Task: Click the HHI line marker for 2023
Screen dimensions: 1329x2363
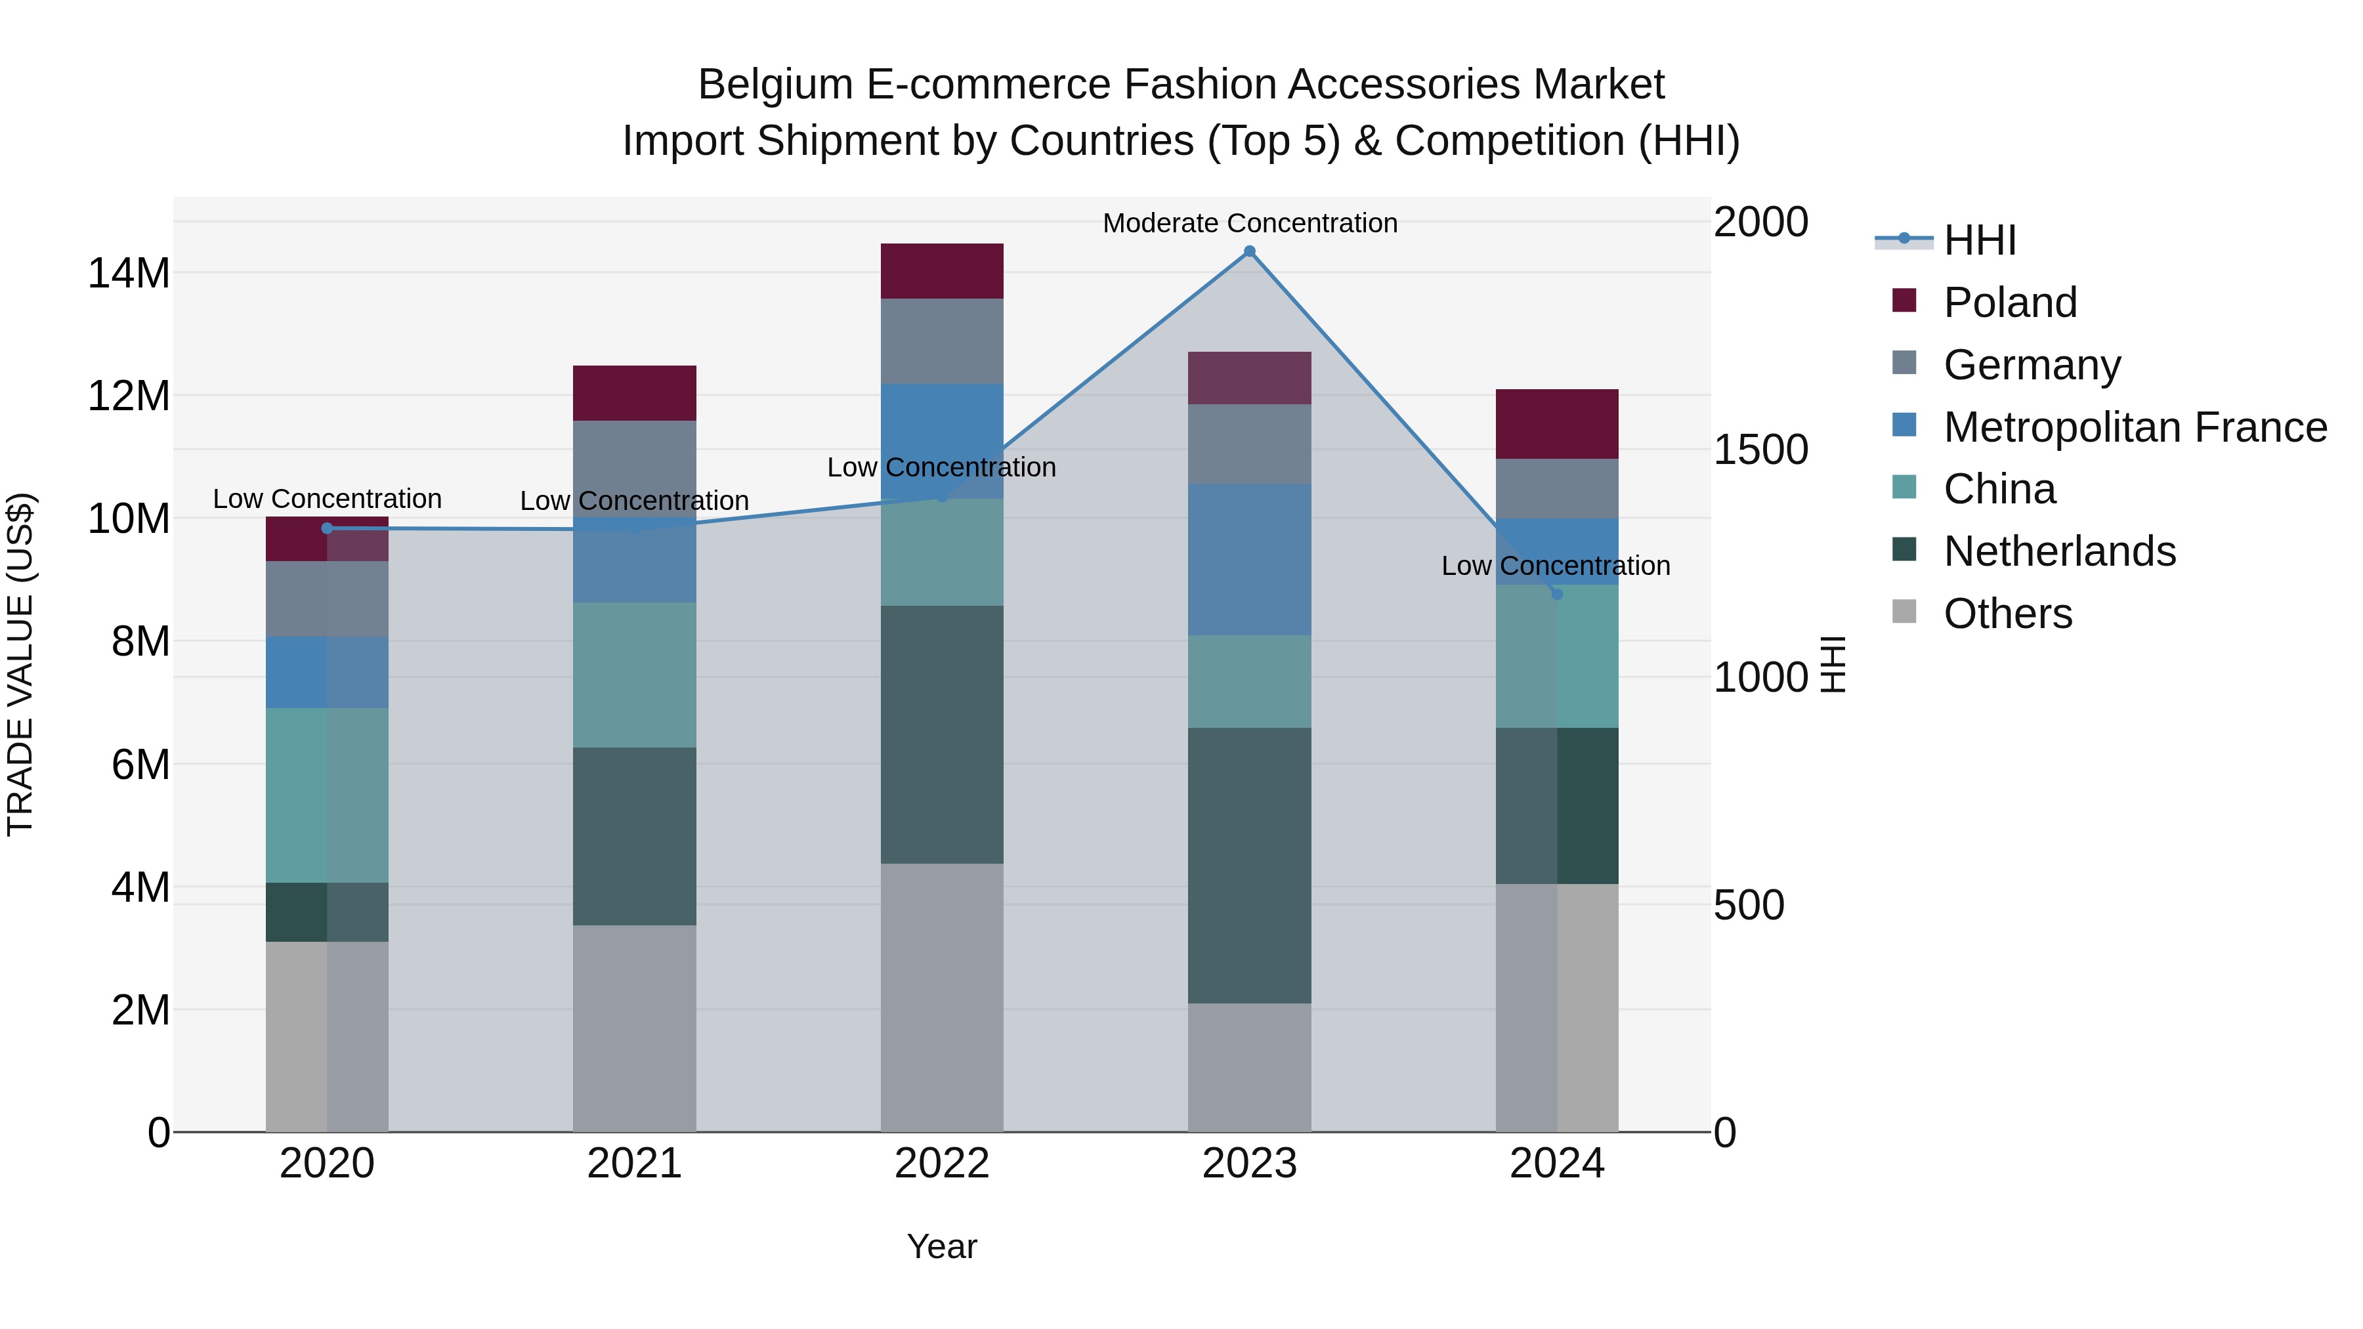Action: [1249, 251]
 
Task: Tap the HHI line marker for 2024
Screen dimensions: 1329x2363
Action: [1557, 595]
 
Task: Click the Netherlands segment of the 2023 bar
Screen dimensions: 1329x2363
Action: [1249, 865]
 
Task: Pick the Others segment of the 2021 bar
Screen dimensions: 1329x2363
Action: [635, 1028]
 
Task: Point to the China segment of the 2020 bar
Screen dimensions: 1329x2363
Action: [328, 795]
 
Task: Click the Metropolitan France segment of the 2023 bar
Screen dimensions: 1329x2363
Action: [1249, 559]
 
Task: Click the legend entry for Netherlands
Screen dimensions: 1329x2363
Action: [2058, 551]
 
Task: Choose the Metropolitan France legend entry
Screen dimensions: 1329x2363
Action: [2135, 427]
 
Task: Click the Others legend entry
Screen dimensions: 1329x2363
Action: [2007, 614]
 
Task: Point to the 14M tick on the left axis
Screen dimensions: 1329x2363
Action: [129, 273]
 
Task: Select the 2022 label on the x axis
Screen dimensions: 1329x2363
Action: [942, 1164]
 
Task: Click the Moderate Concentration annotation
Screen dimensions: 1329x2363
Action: [1249, 223]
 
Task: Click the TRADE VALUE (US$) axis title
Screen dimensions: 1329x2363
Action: [20, 664]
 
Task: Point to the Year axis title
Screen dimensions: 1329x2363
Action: [942, 1246]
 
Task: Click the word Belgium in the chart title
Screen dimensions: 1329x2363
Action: [775, 85]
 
